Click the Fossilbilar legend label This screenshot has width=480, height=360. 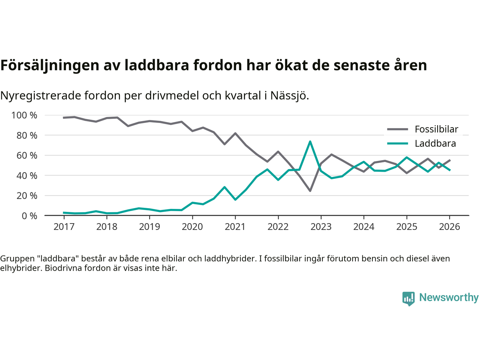click(436, 129)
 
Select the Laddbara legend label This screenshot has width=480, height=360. click(435, 144)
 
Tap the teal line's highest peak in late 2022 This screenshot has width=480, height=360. click(310, 141)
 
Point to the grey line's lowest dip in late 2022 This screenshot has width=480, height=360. click(310, 191)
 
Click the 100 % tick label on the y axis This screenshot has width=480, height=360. click(24, 115)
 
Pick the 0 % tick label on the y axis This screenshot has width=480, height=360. click(29, 216)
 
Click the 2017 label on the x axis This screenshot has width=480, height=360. click(64, 227)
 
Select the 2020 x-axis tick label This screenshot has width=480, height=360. click(192, 227)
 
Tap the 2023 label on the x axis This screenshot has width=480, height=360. click(321, 227)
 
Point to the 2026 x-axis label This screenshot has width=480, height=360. click(449, 227)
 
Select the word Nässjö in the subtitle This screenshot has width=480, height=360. click(289, 96)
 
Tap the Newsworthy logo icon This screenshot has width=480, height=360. click(408, 298)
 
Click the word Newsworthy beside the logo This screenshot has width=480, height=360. click(448, 297)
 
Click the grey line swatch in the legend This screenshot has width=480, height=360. click(397, 129)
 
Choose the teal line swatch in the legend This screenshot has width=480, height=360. click(397, 144)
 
